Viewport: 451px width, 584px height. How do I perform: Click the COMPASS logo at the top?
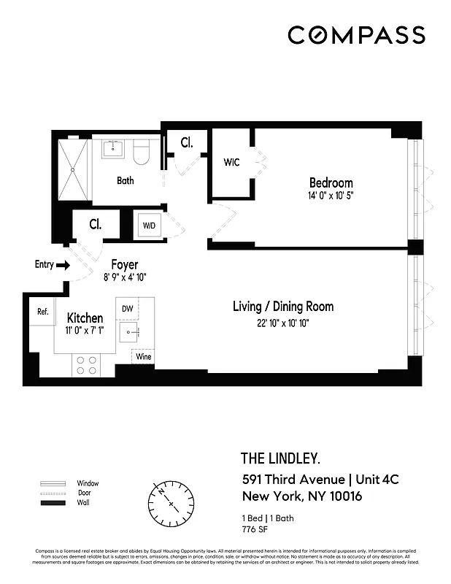pyautogui.click(x=355, y=35)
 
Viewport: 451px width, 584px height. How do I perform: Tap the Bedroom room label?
pyautogui.click(x=331, y=182)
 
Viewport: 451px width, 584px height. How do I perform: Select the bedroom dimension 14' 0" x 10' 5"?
pyautogui.click(x=331, y=196)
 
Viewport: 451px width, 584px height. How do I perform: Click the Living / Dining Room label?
pyautogui.click(x=283, y=307)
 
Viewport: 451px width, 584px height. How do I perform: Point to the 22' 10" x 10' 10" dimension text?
pyautogui.click(x=282, y=323)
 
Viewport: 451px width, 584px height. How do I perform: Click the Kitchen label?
pyautogui.click(x=85, y=318)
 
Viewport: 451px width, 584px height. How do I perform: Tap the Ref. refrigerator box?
pyautogui.click(x=43, y=312)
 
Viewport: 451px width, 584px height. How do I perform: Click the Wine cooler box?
pyautogui.click(x=143, y=358)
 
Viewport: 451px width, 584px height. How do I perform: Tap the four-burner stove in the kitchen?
pyautogui.click(x=85, y=364)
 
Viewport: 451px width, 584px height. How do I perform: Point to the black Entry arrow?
pyautogui.click(x=63, y=265)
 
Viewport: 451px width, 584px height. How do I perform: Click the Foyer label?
pyautogui.click(x=125, y=264)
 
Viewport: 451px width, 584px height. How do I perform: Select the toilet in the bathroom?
pyautogui.click(x=142, y=152)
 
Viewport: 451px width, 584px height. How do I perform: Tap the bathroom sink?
pyautogui.click(x=113, y=149)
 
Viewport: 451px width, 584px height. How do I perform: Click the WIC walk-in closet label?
pyautogui.click(x=231, y=162)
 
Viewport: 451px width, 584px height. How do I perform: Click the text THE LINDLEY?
pyautogui.click(x=280, y=458)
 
